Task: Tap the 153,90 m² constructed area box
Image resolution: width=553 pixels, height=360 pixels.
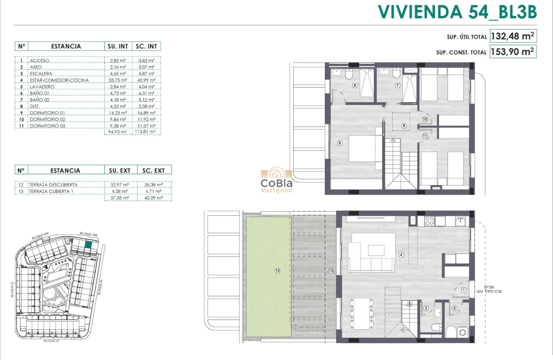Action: coord(513,52)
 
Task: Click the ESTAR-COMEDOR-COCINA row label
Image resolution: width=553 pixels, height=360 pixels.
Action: coord(60,80)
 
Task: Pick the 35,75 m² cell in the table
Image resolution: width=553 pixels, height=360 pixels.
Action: coord(118,80)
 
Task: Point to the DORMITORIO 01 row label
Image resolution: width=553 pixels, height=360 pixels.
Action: coord(48,113)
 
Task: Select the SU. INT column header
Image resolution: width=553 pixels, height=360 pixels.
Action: coord(117,46)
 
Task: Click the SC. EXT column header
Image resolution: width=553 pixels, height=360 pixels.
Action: coord(153,170)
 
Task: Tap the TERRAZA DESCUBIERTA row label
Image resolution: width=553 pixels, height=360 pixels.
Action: coord(54,185)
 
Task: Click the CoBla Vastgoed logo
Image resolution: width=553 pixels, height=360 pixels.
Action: coord(276,180)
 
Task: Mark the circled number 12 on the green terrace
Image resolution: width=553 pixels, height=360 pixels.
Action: coord(278,270)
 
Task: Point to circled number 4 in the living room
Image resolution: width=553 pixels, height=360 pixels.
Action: coord(401,255)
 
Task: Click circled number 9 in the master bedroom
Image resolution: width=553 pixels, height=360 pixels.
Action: coord(340,143)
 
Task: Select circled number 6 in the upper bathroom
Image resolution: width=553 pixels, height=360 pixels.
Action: coord(355,85)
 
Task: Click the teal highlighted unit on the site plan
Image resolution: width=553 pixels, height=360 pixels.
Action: coord(88,245)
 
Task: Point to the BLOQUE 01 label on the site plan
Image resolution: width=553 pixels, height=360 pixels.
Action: coord(52,342)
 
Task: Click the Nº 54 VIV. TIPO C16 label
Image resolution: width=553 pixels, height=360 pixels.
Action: coord(488,289)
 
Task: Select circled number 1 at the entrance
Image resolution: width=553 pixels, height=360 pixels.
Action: coord(463,290)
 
